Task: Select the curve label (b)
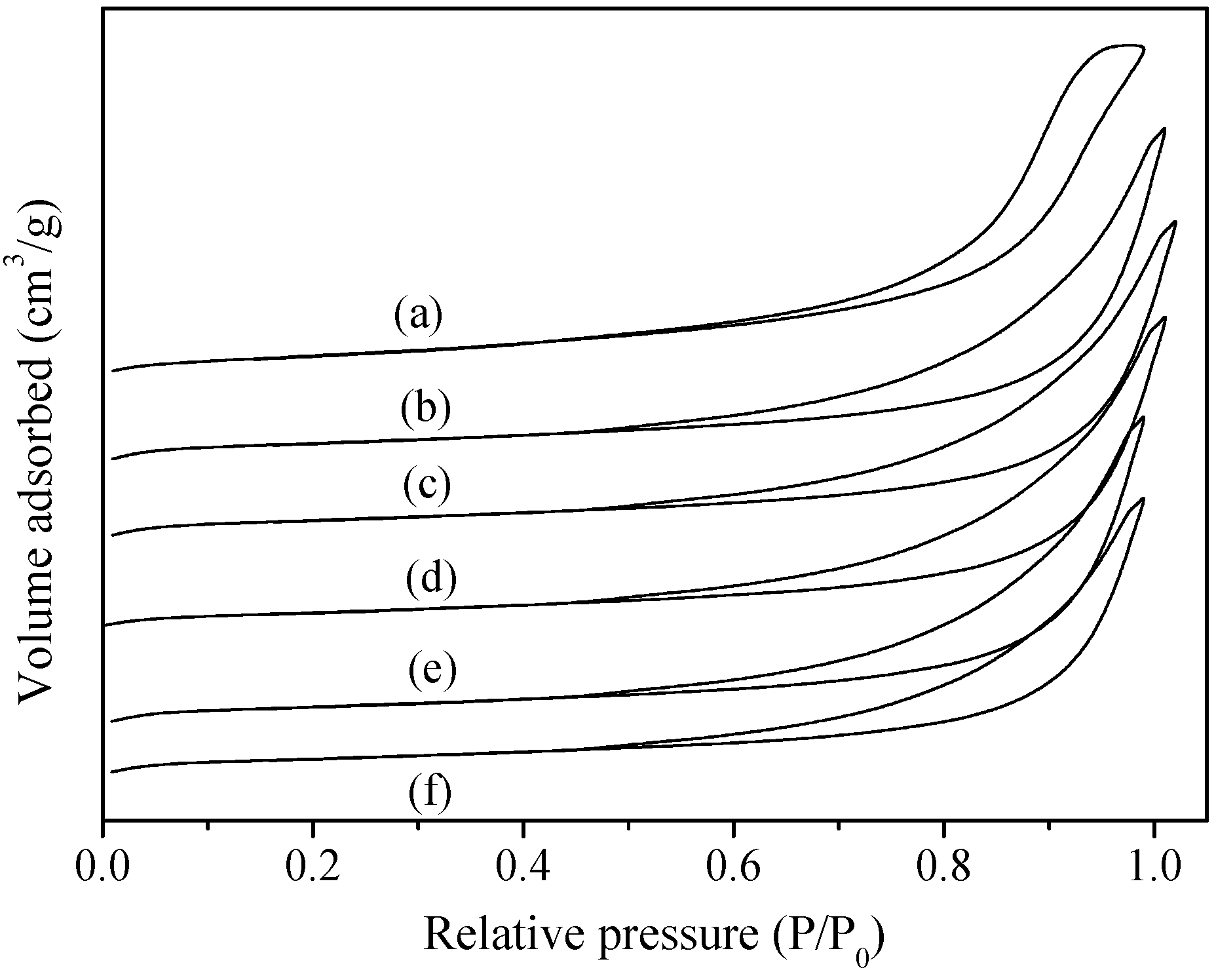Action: coord(426,408)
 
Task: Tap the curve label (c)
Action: coord(427,486)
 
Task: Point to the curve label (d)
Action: coord(430,579)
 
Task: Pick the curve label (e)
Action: coord(432,671)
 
